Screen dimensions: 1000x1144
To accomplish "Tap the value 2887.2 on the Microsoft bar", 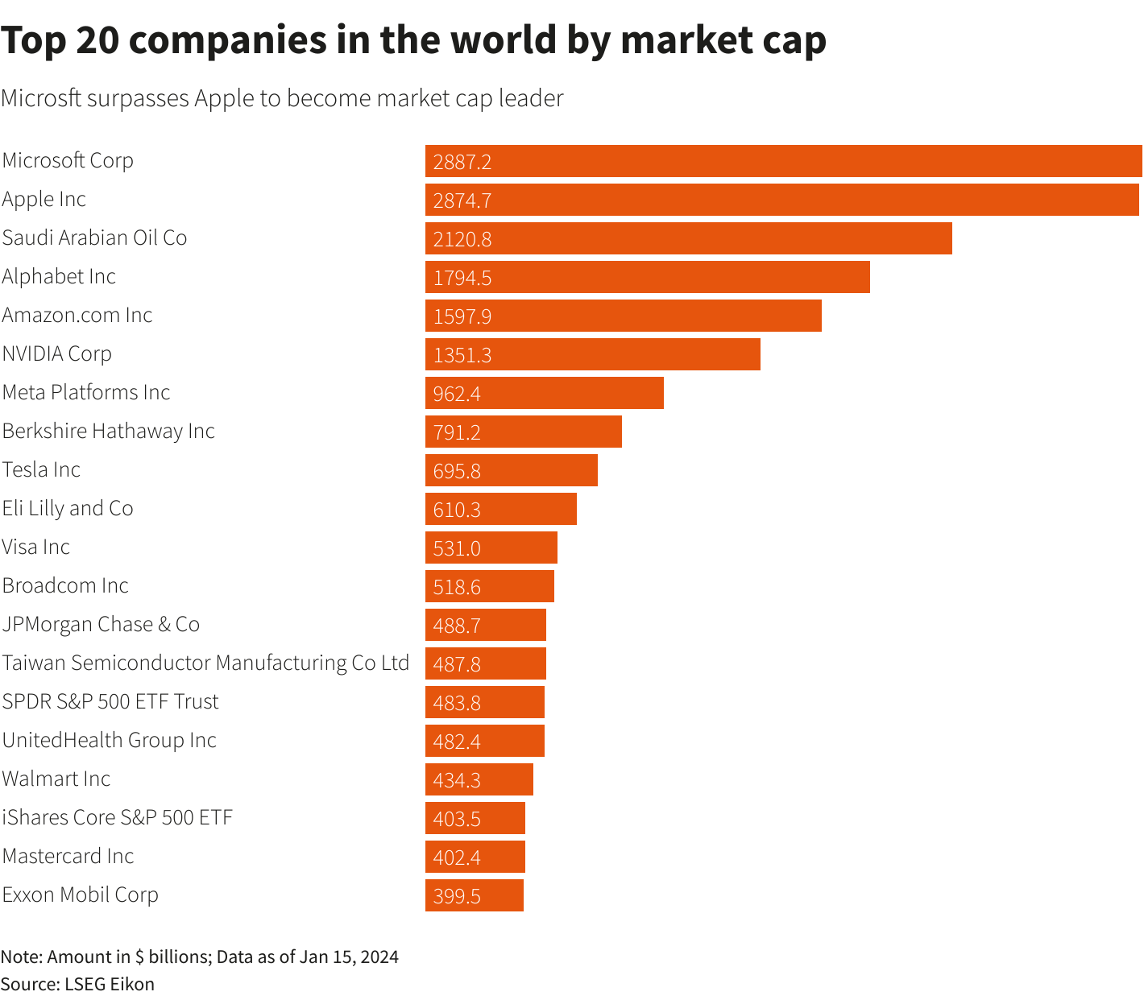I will (462, 162).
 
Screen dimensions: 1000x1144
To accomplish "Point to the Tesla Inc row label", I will (42, 469).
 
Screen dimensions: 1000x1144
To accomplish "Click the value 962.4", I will (457, 394).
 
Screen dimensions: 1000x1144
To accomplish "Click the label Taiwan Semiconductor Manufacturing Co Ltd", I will (205, 663).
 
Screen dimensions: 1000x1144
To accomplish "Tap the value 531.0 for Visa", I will (457, 548).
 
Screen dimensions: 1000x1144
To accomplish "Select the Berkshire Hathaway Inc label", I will (109, 431).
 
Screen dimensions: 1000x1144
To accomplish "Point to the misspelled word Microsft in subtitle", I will (41, 98).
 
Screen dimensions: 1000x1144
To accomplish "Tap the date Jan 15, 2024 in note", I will (349, 957).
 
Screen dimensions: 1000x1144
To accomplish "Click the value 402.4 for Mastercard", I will (457, 857).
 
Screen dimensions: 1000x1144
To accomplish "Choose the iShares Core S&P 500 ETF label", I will (118, 817).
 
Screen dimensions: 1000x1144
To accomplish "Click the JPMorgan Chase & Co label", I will (101, 624).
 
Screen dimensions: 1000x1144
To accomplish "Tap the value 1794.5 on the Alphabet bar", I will (462, 278).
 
